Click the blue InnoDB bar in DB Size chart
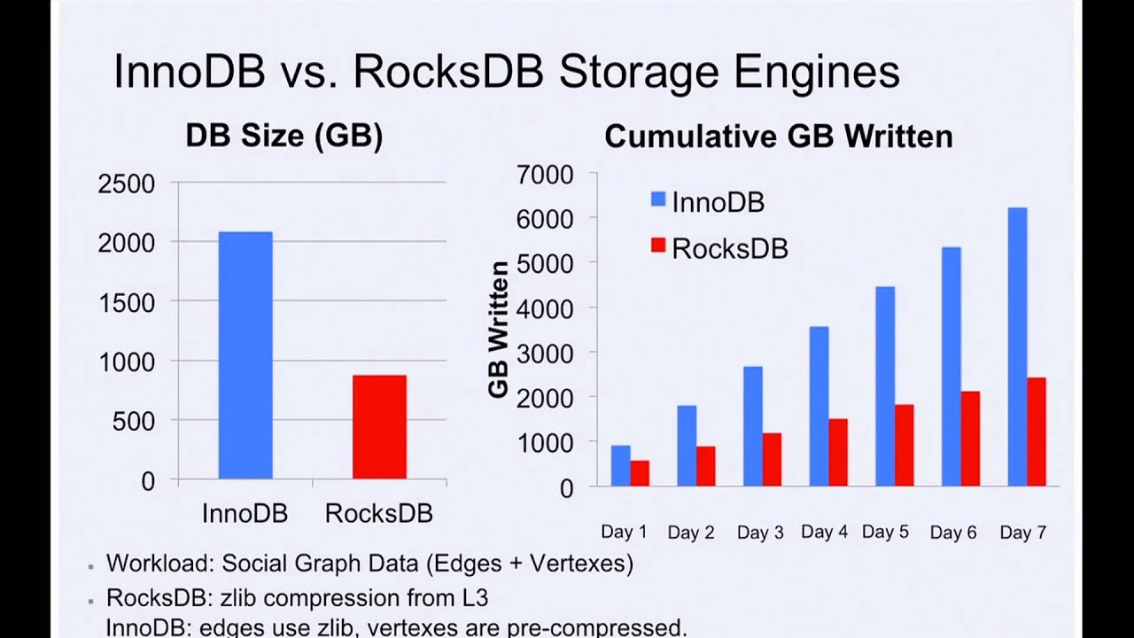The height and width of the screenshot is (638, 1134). (x=245, y=354)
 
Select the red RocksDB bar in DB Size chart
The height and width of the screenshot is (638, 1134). (x=379, y=427)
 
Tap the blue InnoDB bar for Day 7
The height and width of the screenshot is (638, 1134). (x=1017, y=346)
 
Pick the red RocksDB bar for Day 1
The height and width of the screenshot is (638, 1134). (x=640, y=473)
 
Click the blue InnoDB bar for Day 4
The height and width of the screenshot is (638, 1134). (x=819, y=406)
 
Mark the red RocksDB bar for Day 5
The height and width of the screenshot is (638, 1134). (x=904, y=445)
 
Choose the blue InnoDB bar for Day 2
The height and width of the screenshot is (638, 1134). (x=687, y=446)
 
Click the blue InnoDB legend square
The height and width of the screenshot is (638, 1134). (x=658, y=200)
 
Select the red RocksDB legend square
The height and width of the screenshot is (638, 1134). (x=658, y=247)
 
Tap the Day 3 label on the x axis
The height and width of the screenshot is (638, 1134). (x=760, y=533)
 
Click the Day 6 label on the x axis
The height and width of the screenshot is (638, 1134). (x=953, y=533)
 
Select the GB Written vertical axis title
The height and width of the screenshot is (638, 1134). (x=499, y=329)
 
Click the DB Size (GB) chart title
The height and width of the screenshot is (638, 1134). (x=283, y=136)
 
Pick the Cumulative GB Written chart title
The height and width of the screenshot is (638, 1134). (x=778, y=136)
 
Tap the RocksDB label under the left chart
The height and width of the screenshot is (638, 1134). (x=378, y=513)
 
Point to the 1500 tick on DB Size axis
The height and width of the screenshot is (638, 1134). (x=126, y=302)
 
